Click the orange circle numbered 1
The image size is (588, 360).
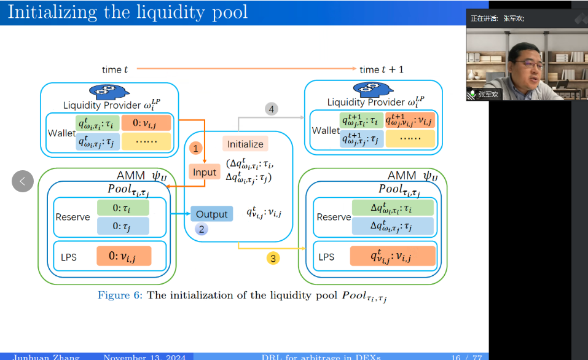pyautogui.click(x=195, y=148)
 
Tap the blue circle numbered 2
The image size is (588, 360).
pyautogui.click(x=202, y=230)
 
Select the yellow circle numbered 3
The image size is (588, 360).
pyautogui.click(x=273, y=258)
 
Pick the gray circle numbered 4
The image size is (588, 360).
pyautogui.click(x=271, y=109)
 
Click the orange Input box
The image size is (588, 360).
pyautogui.click(x=205, y=173)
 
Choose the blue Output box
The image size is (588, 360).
pyautogui.click(x=211, y=214)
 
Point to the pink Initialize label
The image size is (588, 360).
pyautogui.click(x=245, y=144)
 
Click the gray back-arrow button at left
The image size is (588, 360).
pyautogui.click(x=23, y=181)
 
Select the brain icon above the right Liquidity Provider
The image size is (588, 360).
pyautogui.click(x=369, y=90)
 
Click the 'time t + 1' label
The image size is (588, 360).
pyautogui.click(x=382, y=70)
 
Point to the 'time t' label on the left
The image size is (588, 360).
pyautogui.click(x=116, y=70)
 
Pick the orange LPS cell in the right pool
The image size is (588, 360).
pyautogui.click(x=393, y=256)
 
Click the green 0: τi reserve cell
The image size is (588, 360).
pyautogui.click(x=123, y=208)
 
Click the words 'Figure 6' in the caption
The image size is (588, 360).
pyautogui.click(x=119, y=295)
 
